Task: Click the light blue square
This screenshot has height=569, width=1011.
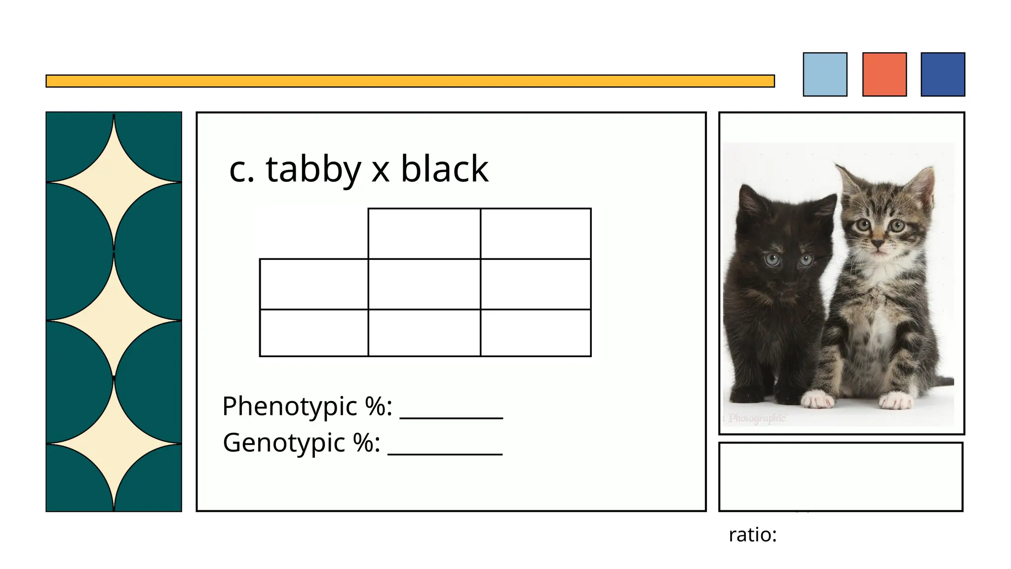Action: (825, 74)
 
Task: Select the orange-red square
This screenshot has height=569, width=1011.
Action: (884, 74)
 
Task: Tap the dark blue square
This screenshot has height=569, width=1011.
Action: (943, 74)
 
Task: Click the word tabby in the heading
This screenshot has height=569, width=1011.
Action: (313, 169)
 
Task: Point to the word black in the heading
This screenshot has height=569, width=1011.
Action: (444, 169)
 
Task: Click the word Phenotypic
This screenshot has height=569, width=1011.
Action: (289, 406)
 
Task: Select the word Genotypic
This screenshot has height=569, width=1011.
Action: (284, 443)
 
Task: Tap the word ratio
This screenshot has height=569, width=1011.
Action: (752, 534)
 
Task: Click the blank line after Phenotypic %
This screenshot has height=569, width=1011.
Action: (451, 415)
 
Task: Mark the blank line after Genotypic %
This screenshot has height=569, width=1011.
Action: (445, 451)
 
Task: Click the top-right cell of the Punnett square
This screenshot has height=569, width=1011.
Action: (536, 234)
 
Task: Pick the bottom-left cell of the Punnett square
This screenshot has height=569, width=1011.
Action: (314, 332)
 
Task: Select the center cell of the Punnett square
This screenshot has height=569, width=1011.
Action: (424, 284)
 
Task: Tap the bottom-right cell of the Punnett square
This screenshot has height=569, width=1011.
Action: (536, 332)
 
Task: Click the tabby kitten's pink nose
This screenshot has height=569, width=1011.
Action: (878, 243)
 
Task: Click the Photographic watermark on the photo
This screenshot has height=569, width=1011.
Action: (757, 418)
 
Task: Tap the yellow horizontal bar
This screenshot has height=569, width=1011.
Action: (410, 81)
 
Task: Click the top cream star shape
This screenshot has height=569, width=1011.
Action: (114, 183)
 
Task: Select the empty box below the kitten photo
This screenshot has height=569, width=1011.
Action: (841, 477)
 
